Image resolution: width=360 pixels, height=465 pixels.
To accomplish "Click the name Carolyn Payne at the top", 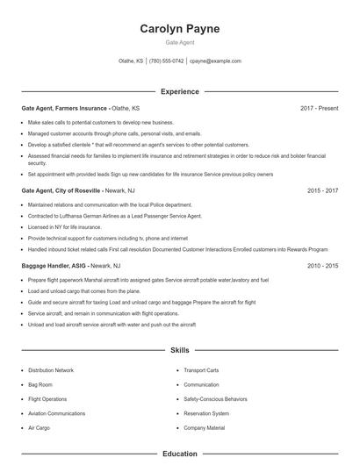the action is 179,29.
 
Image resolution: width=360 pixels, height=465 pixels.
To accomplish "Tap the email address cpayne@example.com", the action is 215,61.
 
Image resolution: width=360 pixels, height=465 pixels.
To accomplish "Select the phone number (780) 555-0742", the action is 166,61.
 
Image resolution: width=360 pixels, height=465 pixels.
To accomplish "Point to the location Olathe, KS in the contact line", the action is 132,61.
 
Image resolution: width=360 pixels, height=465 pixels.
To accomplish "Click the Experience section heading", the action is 179,91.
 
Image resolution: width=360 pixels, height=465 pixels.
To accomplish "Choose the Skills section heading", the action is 179,350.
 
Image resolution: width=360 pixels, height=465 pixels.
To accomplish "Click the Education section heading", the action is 179,454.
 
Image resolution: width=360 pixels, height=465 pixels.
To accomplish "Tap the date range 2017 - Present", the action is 319,108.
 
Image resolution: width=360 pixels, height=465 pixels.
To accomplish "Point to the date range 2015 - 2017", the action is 322,190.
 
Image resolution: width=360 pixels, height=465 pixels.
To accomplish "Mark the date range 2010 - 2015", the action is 322,265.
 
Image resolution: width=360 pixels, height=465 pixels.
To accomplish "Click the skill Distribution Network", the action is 51,370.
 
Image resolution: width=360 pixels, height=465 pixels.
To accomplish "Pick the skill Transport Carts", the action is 200,370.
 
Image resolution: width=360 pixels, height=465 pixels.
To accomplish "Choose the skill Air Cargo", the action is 40,427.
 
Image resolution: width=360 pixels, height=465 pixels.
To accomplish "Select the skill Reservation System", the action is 206,412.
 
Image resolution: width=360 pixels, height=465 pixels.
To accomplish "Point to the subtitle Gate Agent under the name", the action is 179,42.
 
